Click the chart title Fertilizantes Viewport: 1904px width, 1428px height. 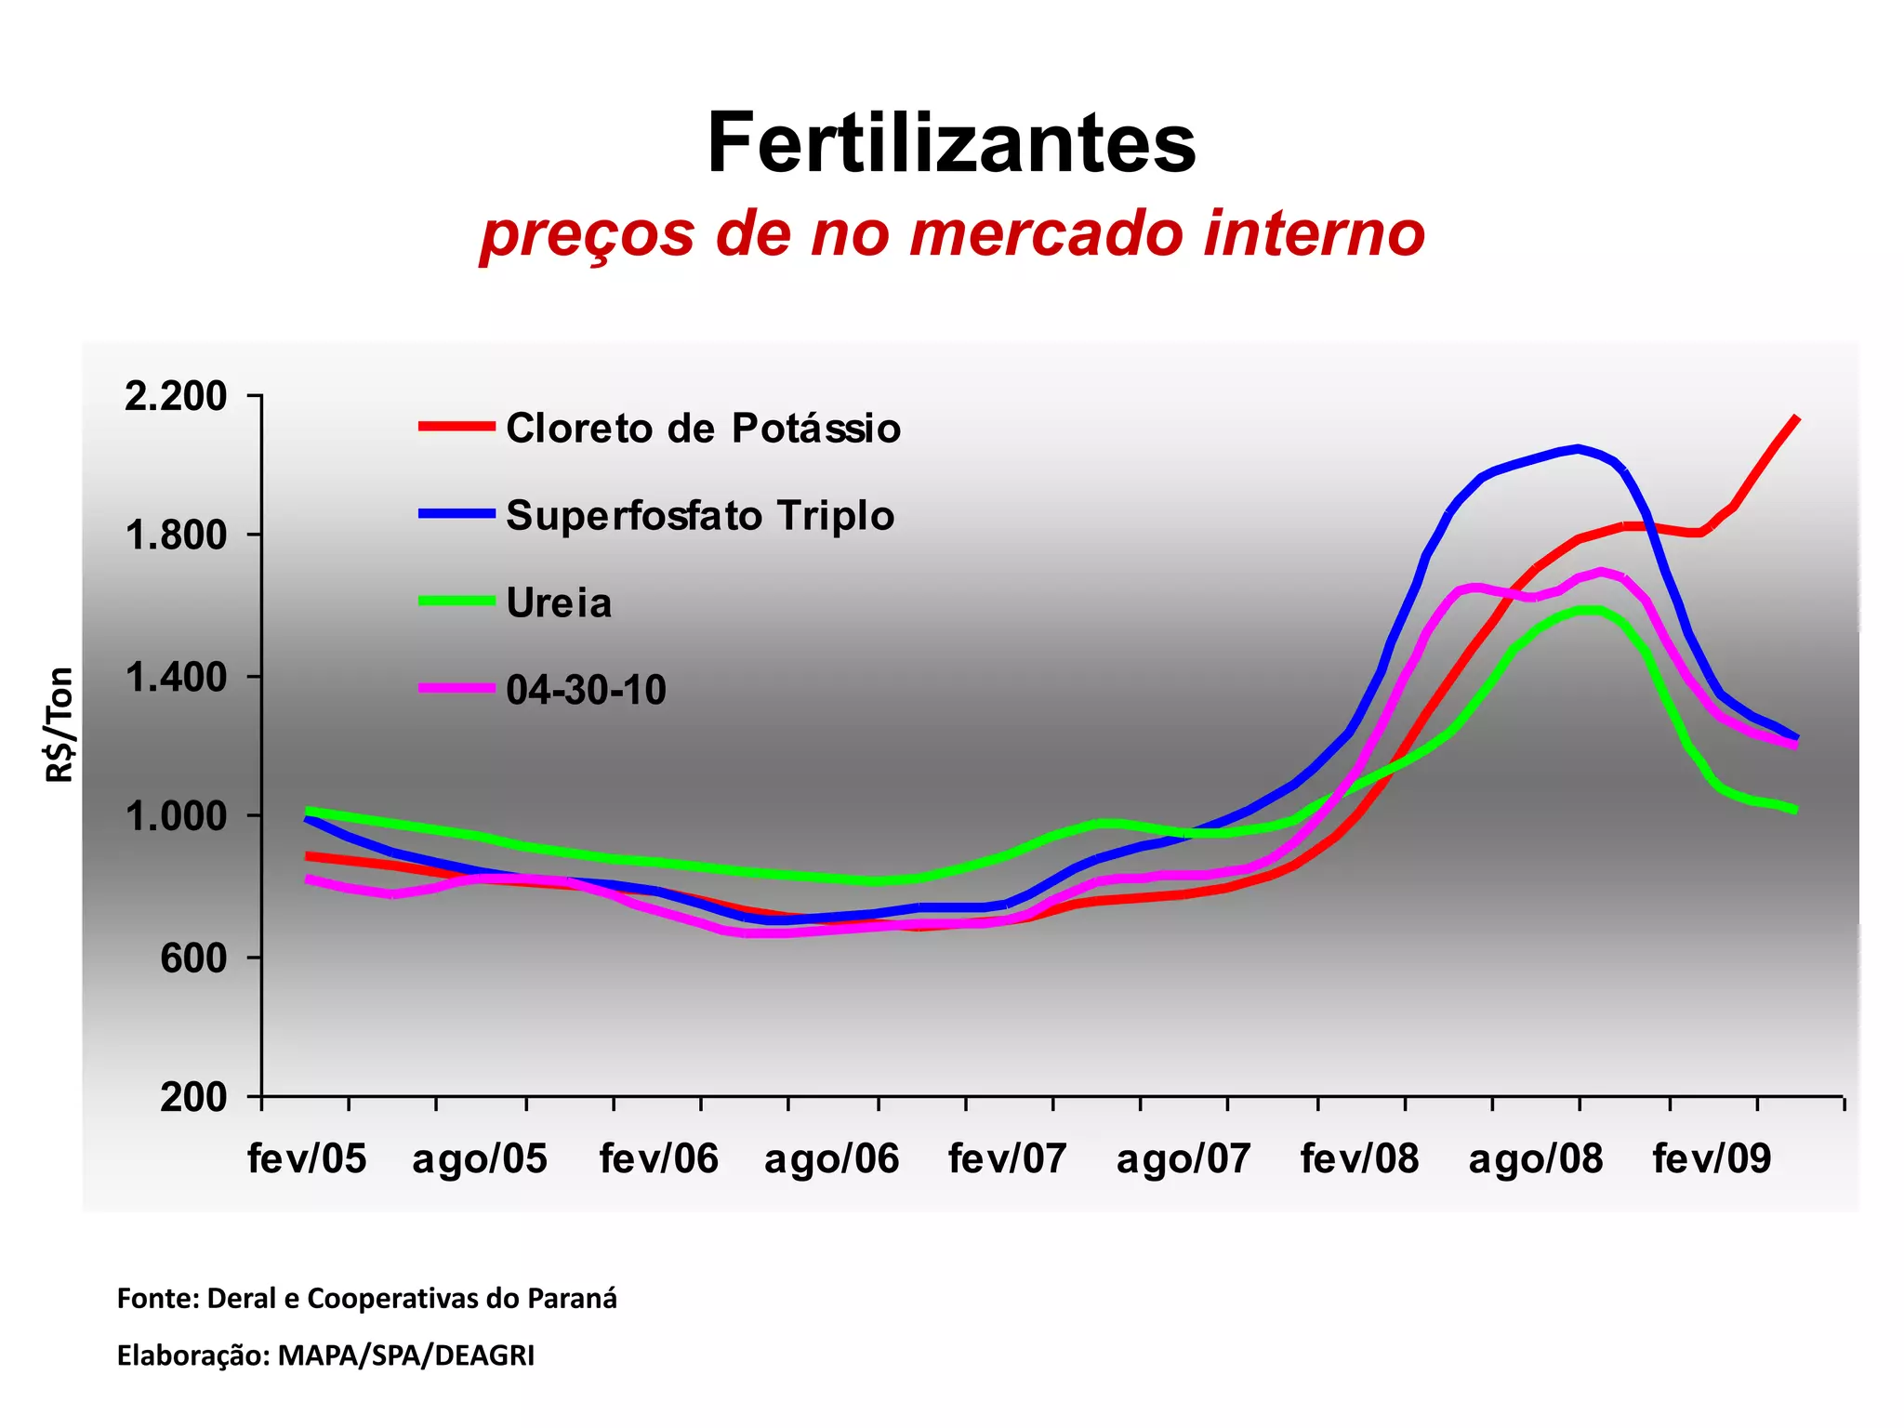[951, 143]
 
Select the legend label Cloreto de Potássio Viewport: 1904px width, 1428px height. [703, 429]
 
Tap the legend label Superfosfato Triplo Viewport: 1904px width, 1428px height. [699, 515]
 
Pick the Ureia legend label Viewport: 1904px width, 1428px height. [559, 603]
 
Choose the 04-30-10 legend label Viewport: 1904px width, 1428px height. [586, 690]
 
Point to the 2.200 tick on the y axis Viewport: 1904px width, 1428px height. [176, 396]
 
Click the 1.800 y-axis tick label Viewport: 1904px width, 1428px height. [176, 535]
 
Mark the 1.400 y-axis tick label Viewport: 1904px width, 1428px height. [176, 677]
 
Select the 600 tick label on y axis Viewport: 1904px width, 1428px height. [193, 958]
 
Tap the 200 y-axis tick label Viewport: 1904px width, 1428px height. [193, 1097]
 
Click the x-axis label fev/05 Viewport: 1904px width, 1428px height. [307, 1159]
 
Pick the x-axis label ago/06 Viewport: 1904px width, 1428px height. [831, 1159]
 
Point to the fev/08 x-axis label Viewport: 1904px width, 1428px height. [1359, 1159]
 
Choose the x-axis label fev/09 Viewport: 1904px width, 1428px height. [1712, 1159]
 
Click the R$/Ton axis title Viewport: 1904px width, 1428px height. [59, 724]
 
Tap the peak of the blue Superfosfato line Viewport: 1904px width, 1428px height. [1578, 448]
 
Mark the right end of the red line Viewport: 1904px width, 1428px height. [1797, 418]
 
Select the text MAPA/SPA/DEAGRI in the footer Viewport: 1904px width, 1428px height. [406, 1355]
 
